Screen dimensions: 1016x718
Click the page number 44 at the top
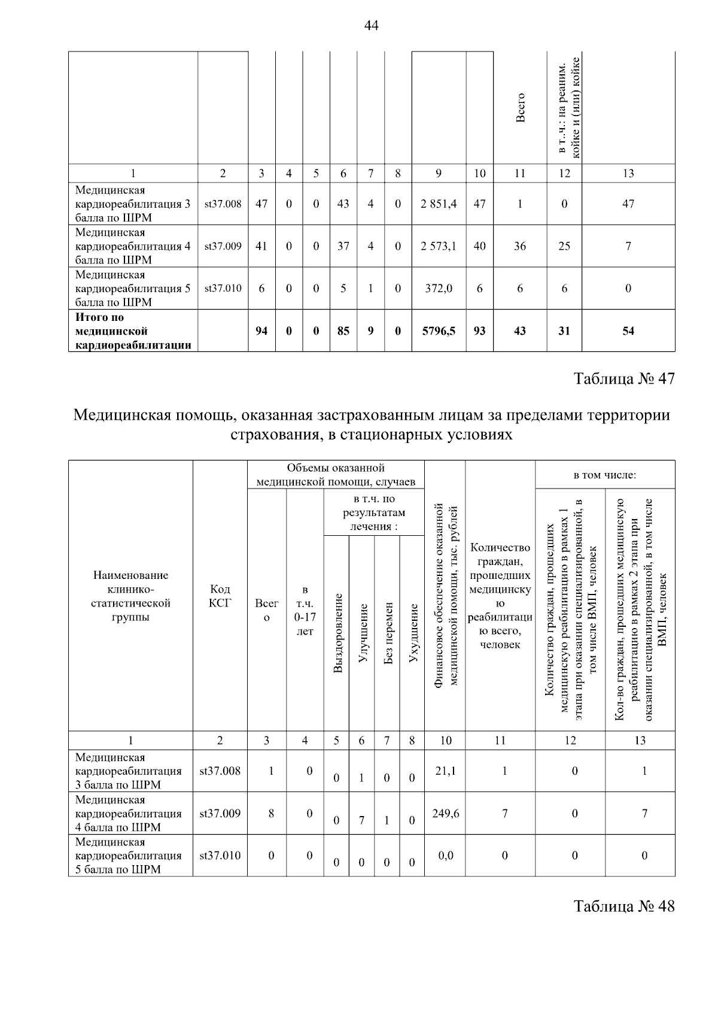point(371,26)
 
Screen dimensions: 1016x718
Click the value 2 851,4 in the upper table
point(438,204)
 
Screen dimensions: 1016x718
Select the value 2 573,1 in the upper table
point(438,246)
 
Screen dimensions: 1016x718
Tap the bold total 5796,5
point(439,330)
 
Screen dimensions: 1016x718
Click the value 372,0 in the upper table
point(439,288)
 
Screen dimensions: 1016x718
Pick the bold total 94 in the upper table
point(261,330)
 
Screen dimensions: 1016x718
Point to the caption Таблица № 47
point(624,379)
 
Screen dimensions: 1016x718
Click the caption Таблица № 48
point(624,906)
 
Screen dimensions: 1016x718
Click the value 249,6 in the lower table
point(445,813)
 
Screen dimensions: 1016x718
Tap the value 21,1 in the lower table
point(445,771)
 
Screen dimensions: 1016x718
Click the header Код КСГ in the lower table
point(220,596)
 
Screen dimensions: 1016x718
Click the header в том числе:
point(604,475)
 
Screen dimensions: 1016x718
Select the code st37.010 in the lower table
point(220,855)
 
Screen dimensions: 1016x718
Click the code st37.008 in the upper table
point(223,204)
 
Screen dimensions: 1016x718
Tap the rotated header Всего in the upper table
point(521,108)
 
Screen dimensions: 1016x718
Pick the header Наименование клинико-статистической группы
point(130,596)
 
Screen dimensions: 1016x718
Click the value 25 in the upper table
point(564,246)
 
